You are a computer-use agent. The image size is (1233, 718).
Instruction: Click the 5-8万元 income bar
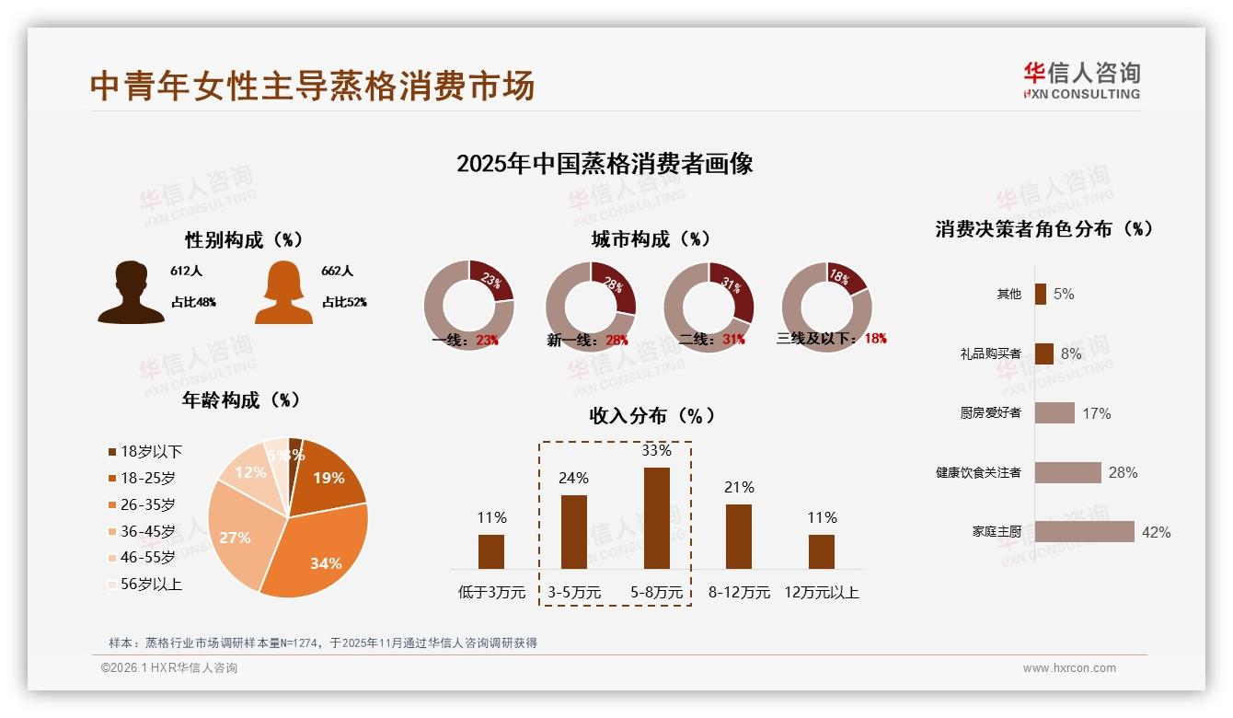pos(656,518)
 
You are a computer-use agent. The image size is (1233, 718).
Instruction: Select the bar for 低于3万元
pos(491,551)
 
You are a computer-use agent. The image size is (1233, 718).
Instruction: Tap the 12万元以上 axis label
pos(821,593)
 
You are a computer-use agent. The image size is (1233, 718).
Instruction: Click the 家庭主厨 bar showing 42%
pos(1084,532)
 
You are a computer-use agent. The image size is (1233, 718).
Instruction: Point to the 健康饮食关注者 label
pos(977,473)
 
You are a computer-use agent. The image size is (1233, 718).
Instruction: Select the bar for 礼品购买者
pos(1043,353)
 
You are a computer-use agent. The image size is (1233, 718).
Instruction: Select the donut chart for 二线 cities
pos(709,307)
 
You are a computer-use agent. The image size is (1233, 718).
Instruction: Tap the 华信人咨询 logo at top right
pos(1081,80)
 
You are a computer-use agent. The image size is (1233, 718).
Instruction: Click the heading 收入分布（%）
pos(651,415)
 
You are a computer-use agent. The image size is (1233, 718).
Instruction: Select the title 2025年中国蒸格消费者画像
pos(605,164)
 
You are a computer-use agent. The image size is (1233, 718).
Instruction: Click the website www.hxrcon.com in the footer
pos(1068,668)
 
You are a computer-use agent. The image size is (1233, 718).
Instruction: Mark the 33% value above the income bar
pos(656,451)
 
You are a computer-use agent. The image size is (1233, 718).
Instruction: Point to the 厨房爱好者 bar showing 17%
pos(1054,413)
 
